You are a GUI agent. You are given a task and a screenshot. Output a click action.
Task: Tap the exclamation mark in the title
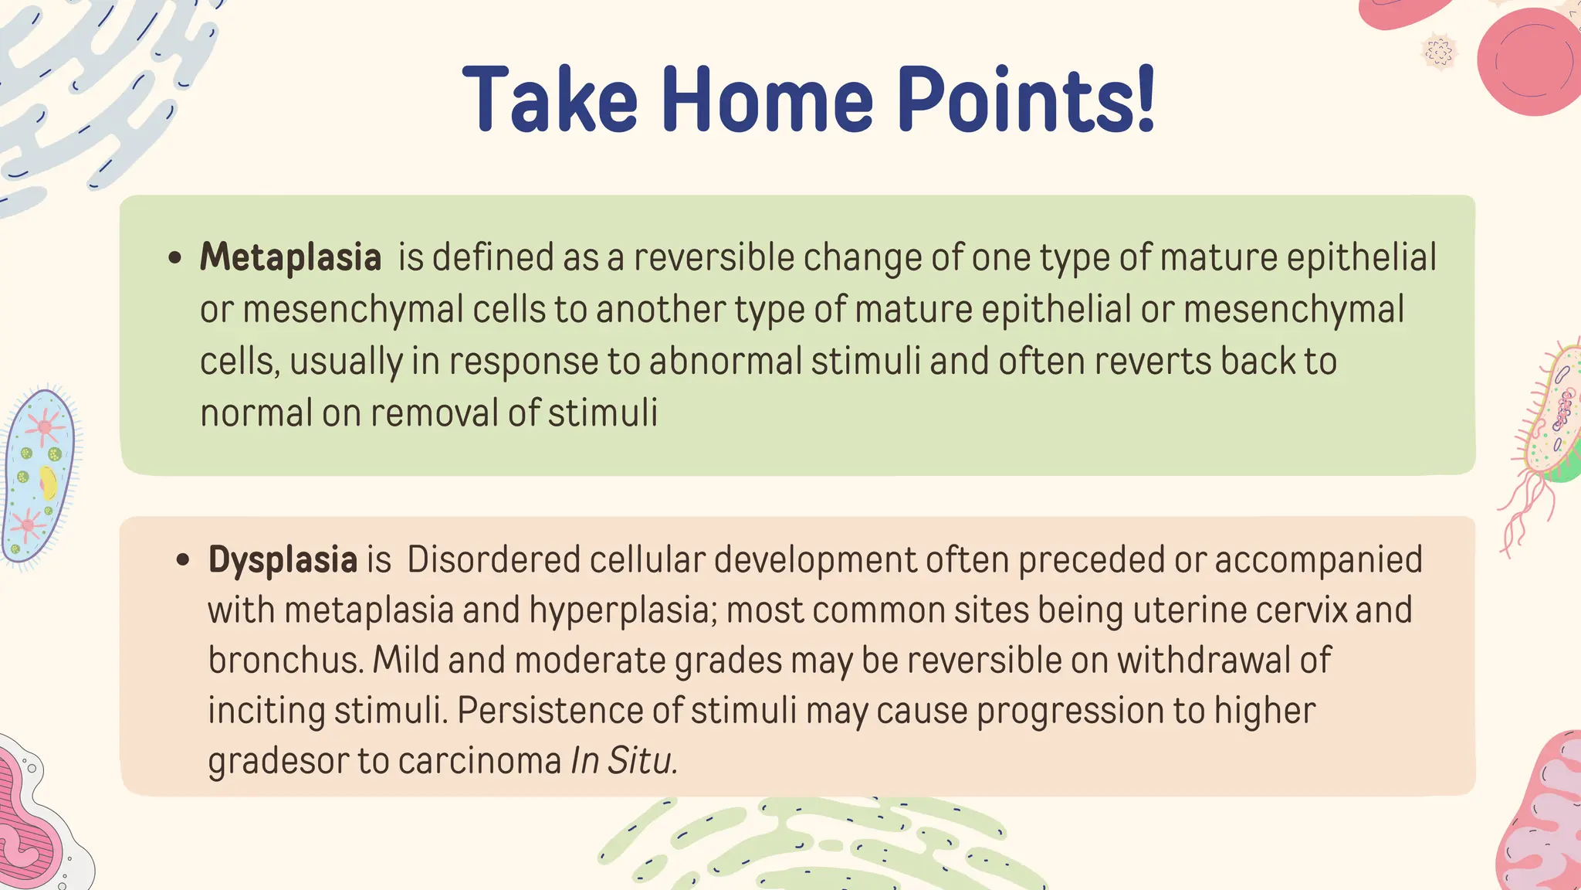(1145, 99)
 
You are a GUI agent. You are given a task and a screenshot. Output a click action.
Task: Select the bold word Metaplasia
(290, 257)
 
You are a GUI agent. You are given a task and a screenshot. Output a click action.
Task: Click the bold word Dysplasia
(283, 560)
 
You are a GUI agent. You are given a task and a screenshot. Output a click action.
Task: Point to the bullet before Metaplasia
(175, 258)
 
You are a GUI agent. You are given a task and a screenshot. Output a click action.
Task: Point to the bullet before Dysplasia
(183, 560)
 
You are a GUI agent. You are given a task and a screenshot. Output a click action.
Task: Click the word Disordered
(493, 560)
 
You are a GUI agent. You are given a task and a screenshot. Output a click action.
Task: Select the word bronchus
(285, 661)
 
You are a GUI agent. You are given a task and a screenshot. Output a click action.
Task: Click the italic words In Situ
(624, 762)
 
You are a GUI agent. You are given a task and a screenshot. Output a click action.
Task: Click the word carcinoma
(479, 762)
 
